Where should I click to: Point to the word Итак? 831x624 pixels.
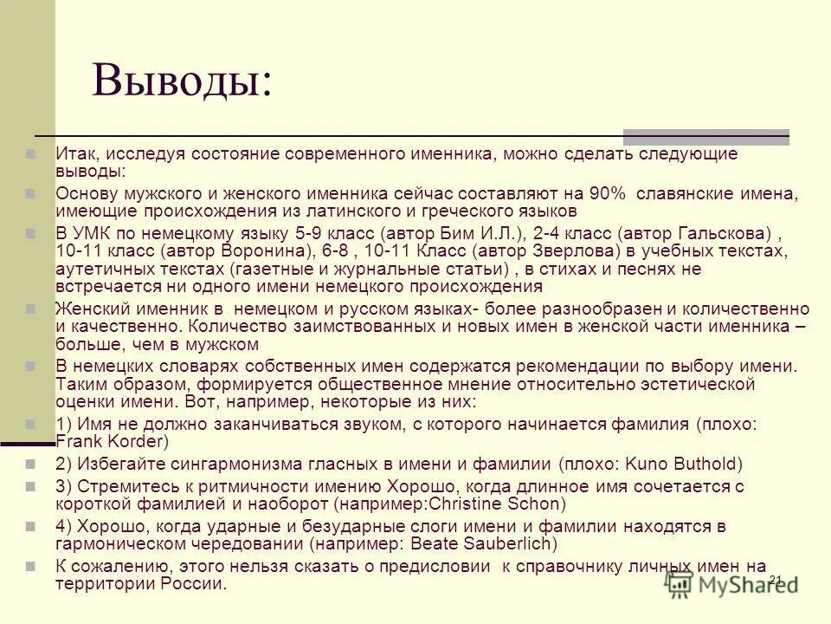(x=74, y=153)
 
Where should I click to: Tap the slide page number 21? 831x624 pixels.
(x=775, y=579)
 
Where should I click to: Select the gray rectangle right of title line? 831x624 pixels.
(x=705, y=136)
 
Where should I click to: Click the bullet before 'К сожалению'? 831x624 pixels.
(x=30, y=565)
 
